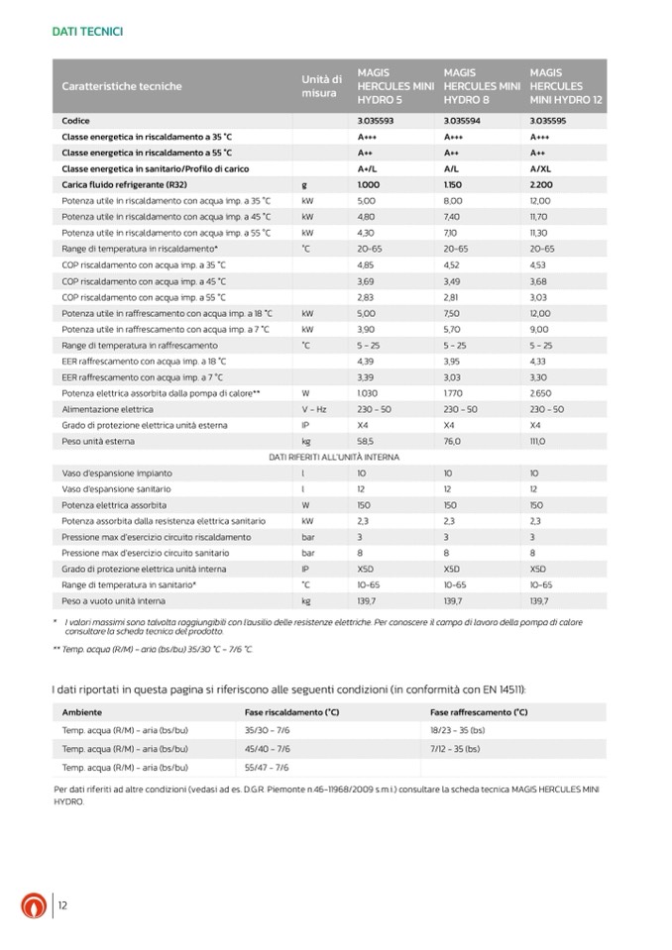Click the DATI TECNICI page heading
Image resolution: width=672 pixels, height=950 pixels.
tap(87, 32)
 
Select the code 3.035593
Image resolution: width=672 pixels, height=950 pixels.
tap(375, 120)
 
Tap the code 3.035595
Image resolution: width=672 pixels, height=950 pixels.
tap(548, 120)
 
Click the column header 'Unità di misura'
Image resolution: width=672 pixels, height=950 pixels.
tap(321, 86)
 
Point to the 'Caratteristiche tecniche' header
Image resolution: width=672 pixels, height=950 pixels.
tap(122, 86)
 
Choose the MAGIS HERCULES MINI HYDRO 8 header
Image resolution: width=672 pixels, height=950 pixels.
tap(482, 86)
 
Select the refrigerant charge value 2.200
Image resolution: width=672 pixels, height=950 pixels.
tap(541, 184)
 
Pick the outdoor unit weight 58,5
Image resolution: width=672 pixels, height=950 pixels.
tap(367, 441)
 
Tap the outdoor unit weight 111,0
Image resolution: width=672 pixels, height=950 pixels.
tap(540, 441)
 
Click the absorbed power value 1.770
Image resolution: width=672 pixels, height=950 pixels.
tap(454, 392)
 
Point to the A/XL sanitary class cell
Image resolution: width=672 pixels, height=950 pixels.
tap(541, 168)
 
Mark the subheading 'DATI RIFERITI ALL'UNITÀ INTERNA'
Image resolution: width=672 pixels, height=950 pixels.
tap(334, 457)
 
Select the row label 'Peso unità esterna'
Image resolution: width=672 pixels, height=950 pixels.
tap(100, 441)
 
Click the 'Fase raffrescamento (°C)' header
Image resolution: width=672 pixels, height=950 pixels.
tap(479, 711)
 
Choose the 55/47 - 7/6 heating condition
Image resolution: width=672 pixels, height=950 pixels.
tap(267, 767)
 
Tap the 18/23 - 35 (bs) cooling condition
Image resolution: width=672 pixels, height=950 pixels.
tap(457, 730)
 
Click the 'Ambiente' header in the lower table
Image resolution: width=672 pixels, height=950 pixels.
tap(81, 711)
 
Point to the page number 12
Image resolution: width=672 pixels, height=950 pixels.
tap(62, 905)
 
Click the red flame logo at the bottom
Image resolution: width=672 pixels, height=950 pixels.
tap(34, 905)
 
